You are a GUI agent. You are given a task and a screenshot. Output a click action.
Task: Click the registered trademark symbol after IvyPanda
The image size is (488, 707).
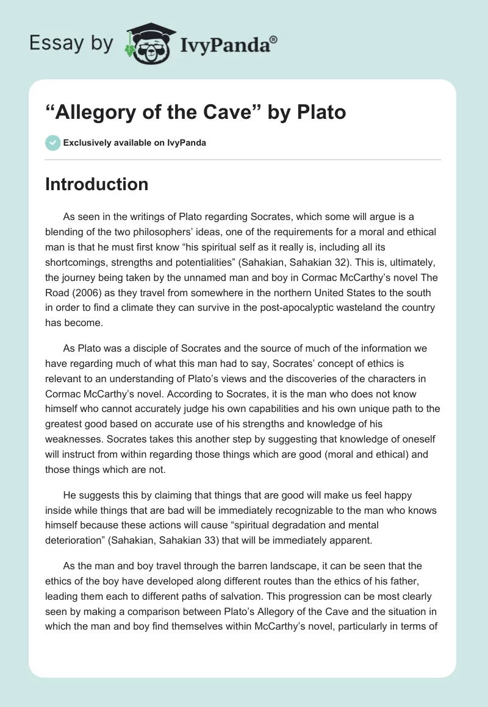[273, 40]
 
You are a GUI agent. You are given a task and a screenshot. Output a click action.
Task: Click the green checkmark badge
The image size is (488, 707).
[52, 143]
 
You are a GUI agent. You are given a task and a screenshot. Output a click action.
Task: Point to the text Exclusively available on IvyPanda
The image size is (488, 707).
[135, 143]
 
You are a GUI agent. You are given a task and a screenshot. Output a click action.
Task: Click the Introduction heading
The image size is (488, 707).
[96, 184]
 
